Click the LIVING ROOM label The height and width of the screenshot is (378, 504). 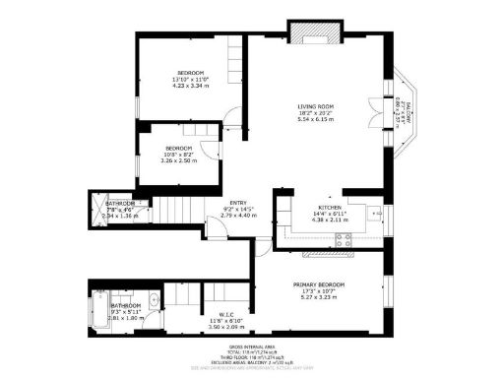point(318,106)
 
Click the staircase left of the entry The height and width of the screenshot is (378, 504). point(178,210)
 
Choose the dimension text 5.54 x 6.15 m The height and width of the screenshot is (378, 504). point(318,120)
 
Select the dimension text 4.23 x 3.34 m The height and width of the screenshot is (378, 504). point(191,87)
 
